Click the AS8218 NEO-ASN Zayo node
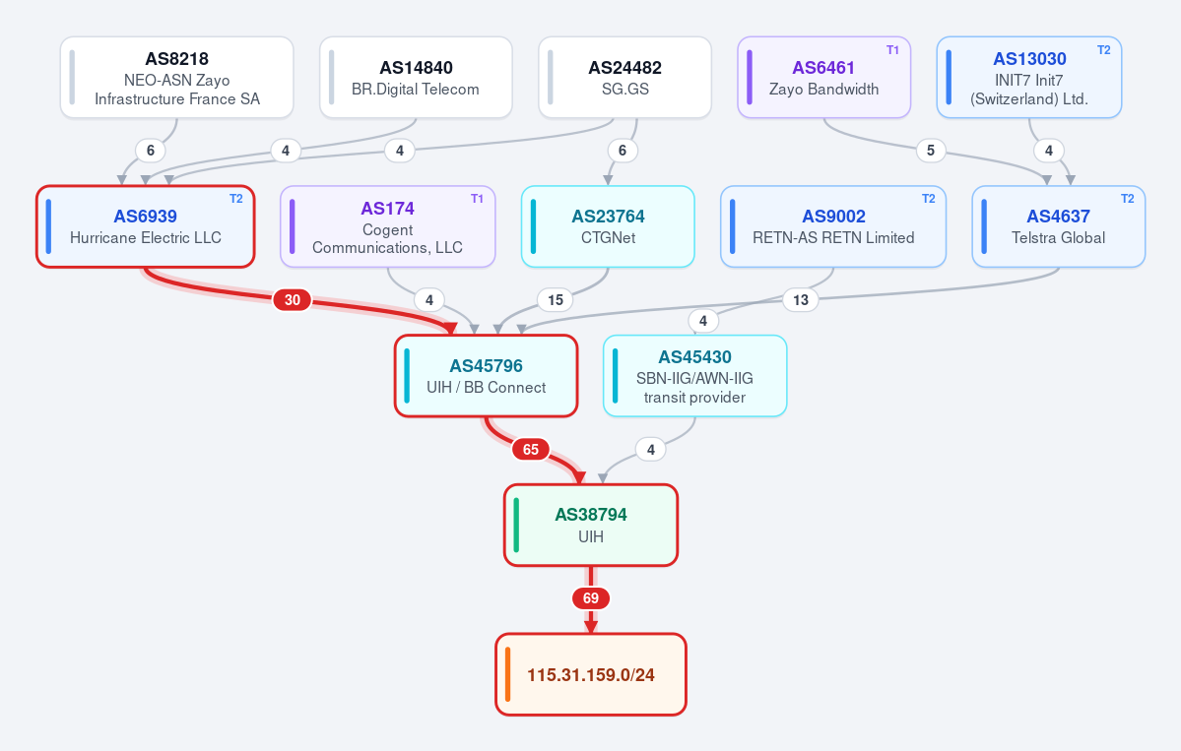pos(177,78)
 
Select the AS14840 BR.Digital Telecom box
pos(416,78)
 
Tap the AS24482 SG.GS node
pos(625,78)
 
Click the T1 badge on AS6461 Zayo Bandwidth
pos(892,50)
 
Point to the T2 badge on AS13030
pos(1103,50)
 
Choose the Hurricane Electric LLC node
pos(146,226)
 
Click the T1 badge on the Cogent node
pos(477,199)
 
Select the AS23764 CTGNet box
pos(608,226)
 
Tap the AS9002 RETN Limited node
pos(833,226)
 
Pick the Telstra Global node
pos(1058,226)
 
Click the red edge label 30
pos(293,300)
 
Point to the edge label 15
pos(556,300)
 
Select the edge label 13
pos(801,300)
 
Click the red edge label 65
pos(531,449)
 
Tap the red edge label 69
pos(591,598)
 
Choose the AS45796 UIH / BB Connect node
pos(486,376)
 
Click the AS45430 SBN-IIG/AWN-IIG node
pos(694,376)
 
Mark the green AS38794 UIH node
pos(591,526)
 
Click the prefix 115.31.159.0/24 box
pos(591,674)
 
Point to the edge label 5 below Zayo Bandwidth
pos(931,151)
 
